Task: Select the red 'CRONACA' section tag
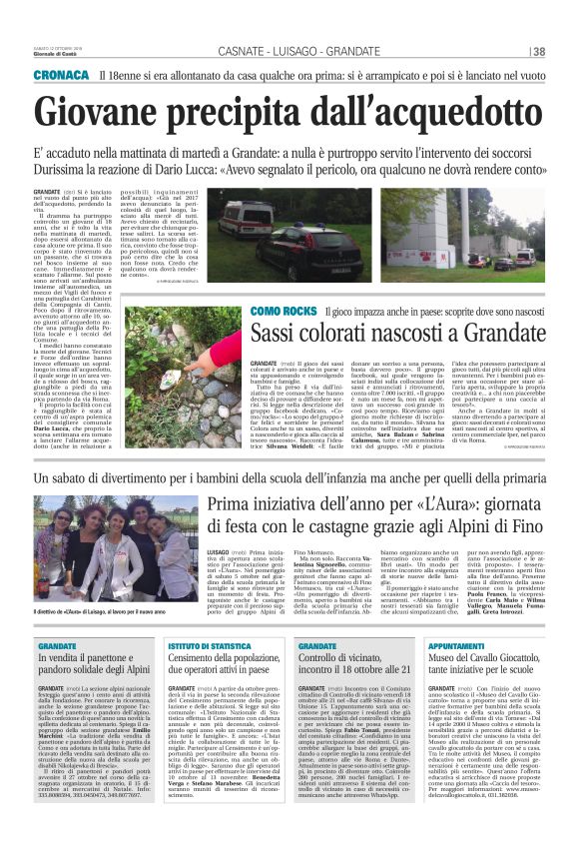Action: [x=62, y=76]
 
